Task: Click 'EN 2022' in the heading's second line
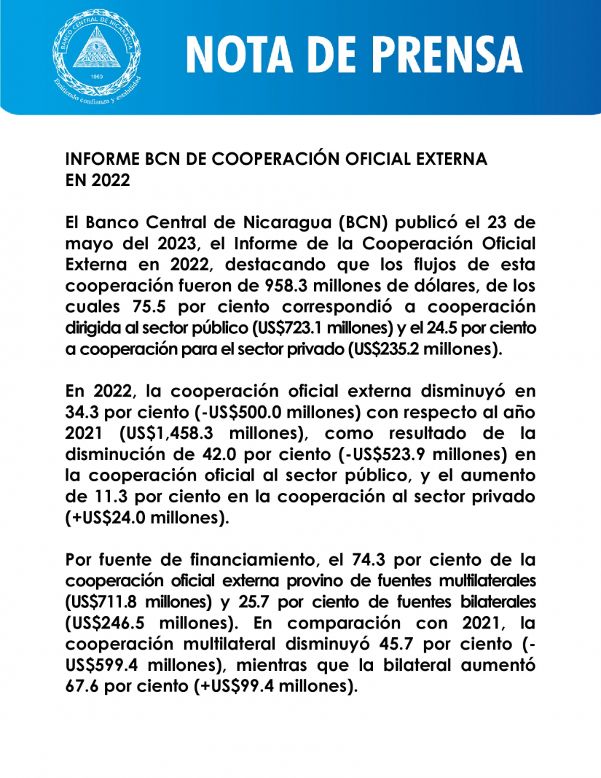pos(98,180)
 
